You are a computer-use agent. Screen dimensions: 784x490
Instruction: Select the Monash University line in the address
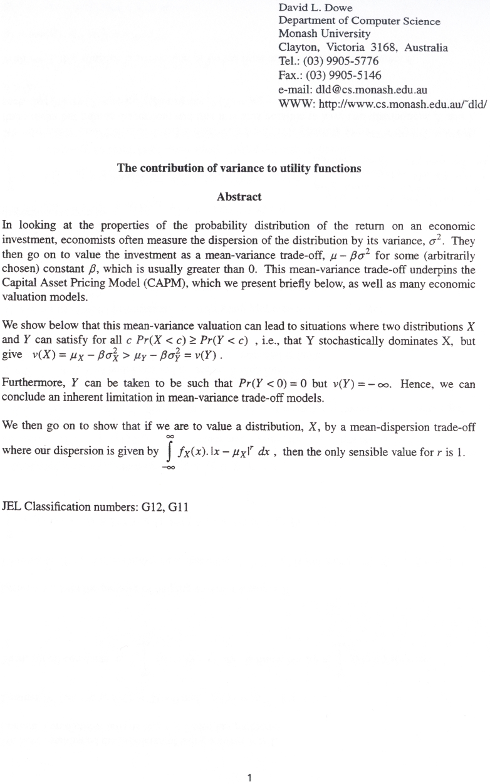coord(324,34)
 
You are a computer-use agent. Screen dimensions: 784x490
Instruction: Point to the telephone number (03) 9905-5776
coord(343,61)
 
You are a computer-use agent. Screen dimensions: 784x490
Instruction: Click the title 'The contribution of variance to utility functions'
coord(239,168)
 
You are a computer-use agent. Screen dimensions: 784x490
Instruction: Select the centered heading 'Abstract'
coord(239,197)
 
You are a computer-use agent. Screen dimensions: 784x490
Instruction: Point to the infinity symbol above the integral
coord(167,436)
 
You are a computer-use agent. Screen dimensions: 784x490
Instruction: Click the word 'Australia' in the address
coord(426,47)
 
